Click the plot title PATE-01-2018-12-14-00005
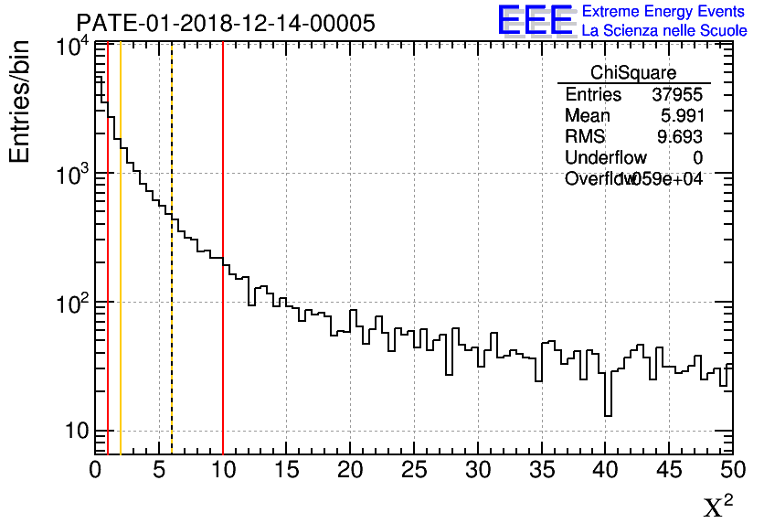point(225,24)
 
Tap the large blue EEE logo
point(536,20)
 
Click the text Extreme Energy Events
point(664,12)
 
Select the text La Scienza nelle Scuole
point(664,31)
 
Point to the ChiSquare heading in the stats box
point(633,73)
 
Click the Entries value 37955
point(676,95)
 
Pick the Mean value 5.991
point(681,116)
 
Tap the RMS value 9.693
point(681,137)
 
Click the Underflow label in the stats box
point(606,158)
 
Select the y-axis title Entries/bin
point(20,102)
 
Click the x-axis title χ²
point(717,506)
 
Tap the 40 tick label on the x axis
point(606,470)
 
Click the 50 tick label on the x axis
point(731,470)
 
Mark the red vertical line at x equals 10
point(223,347)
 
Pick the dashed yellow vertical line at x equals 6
point(172,347)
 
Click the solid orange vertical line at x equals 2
point(121,347)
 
